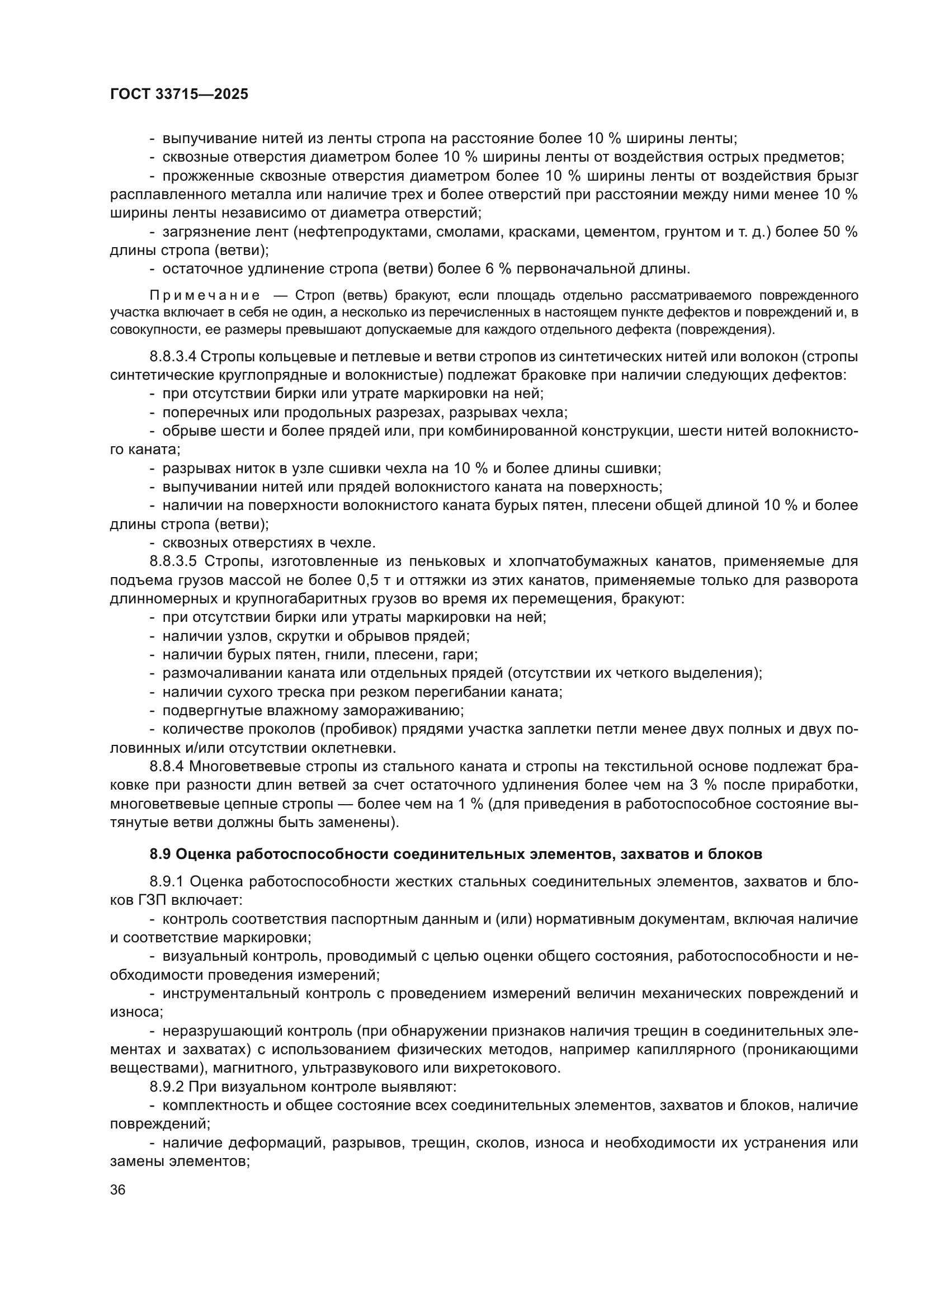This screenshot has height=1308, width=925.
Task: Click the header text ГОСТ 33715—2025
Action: [x=179, y=95]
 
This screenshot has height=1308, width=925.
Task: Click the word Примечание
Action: [x=205, y=296]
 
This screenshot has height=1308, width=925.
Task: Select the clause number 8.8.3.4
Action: [x=173, y=357]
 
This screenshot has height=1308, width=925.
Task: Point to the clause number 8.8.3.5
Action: [x=173, y=561]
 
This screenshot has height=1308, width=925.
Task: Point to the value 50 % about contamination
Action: [x=840, y=232]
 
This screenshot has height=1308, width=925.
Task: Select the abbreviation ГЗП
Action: [x=153, y=901]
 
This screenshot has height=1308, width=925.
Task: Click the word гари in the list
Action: [x=462, y=655]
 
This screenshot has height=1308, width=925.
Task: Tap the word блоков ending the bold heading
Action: [x=734, y=854]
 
